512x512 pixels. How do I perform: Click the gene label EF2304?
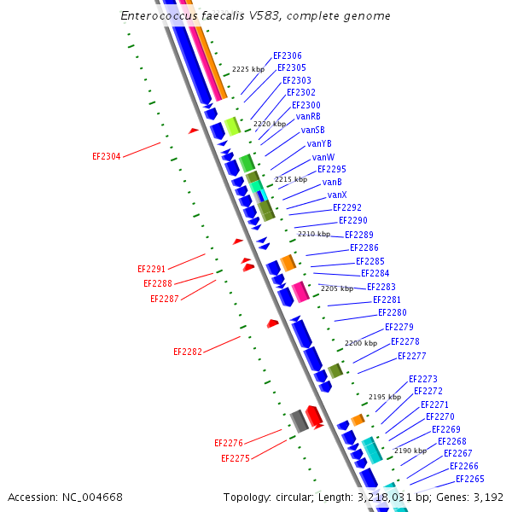pyautogui.click(x=106, y=156)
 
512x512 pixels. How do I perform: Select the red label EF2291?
pyautogui.click(x=152, y=269)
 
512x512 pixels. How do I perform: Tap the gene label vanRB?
pyautogui.click(x=308, y=116)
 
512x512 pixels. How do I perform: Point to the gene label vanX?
pyautogui.click(x=336, y=195)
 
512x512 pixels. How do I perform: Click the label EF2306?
pyautogui.click(x=287, y=55)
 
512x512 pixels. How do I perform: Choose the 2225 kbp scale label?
pyautogui.click(x=248, y=69)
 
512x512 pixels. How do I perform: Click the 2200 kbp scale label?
pyautogui.click(x=360, y=343)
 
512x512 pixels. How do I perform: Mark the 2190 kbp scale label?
pyautogui.click(x=410, y=451)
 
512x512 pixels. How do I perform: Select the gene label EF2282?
pyautogui.click(x=188, y=352)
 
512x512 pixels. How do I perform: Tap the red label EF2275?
pyautogui.click(x=236, y=458)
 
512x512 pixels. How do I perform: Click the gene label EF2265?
pyautogui.click(x=469, y=479)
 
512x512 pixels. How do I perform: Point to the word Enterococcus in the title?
pyautogui.click(x=156, y=16)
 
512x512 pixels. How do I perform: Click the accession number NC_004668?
pyautogui.click(x=90, y=497)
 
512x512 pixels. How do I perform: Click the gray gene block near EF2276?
pyautogui.click(x=299, y=421)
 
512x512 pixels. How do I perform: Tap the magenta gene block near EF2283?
pyautogui.click(x=300, y=292)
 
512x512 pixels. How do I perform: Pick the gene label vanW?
pyautogui.click(x=323, y=157)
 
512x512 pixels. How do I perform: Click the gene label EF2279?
pyautogui.click(x=399, y=327)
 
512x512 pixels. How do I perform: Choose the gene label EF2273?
pyautogui.click(x=422, y=379)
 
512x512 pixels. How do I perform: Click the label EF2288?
pyautogui.click(x=158, y=283)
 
